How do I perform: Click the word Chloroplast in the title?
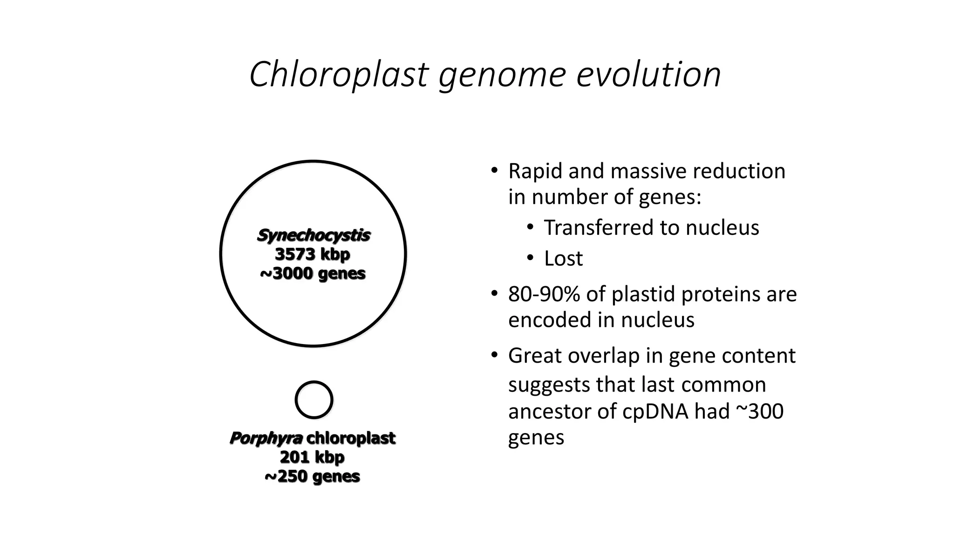[x=339, y=75]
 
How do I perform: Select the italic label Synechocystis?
[x=313, y=235]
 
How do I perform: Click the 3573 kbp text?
[x=313, y=255]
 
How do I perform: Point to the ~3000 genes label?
[x=313, y=273]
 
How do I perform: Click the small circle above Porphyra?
[x=314, y=400]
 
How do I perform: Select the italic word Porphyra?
[x=266, y=438]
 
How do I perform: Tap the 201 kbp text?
[x=312, y=457]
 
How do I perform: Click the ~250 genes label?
[x=312, y=476]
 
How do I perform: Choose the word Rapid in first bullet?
[x=535, y=171]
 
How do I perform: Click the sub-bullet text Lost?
[x=563, y=259]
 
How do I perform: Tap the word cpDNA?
[x=655, y=411]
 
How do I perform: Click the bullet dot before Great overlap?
[x=494, y=356]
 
